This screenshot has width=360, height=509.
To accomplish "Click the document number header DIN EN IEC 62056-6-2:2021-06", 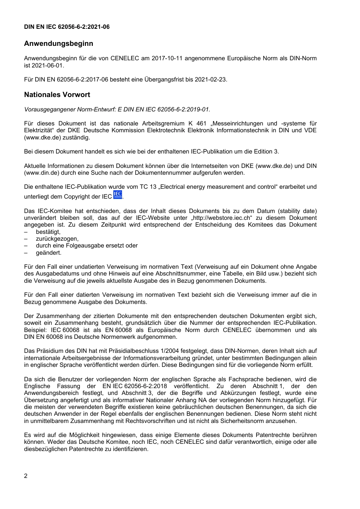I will coord(67,27).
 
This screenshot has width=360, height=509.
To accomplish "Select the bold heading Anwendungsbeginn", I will coord(58,44).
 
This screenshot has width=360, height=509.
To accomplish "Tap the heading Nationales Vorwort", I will coord(57,95).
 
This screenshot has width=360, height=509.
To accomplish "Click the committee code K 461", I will coord(197,124).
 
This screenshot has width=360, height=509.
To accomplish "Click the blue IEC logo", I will coord(118,195).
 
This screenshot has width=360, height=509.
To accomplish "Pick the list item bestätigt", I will coord(48,232).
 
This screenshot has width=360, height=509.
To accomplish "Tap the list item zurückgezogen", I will coord(57,239).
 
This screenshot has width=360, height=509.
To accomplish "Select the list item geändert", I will coord(49,253).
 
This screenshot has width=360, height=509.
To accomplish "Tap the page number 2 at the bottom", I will coord(26,476).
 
